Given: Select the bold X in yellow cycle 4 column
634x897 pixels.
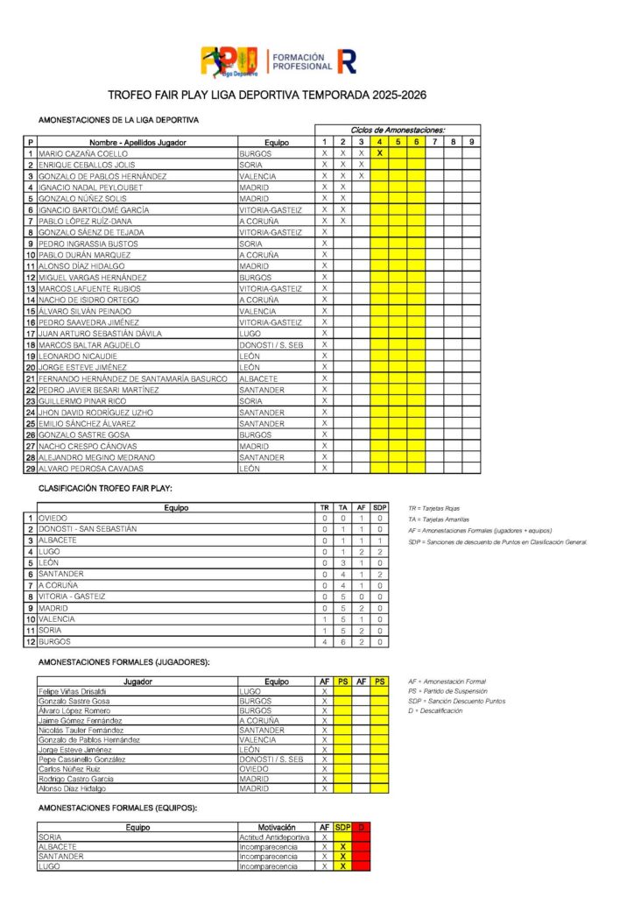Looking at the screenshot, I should tap(379, 153).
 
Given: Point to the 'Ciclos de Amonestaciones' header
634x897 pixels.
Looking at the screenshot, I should tap(398, 130).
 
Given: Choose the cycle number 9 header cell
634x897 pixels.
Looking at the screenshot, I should tap(471, 142).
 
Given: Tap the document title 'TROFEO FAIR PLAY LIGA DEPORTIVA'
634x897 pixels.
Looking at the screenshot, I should tap(266, 95).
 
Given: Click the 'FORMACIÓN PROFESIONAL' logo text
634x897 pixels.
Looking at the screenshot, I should tap(302, 61).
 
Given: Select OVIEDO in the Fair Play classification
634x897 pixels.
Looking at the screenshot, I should tap(53, 518).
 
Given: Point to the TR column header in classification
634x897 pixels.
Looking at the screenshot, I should tap(325, 507).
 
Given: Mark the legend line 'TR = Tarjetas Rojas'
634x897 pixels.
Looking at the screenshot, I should tap(433, 508).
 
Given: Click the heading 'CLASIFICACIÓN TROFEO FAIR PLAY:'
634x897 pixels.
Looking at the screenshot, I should tap(105, 488).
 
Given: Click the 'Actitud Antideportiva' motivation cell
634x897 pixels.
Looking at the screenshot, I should tap(275, 837).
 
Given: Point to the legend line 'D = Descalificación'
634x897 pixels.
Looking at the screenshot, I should tap(435, 710).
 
